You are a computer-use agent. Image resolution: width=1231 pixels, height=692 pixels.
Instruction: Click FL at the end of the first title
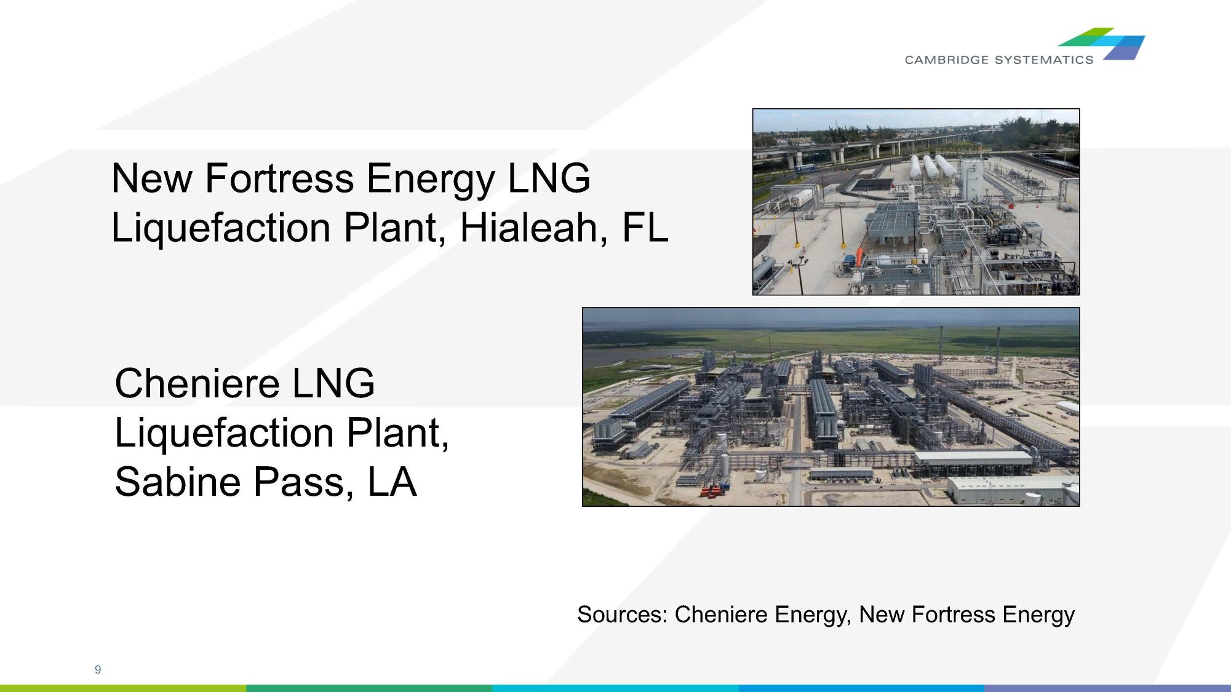(644, 228)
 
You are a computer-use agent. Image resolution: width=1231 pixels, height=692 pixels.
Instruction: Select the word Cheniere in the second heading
(197, 384)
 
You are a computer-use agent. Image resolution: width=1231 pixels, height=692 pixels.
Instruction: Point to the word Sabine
(178, 482)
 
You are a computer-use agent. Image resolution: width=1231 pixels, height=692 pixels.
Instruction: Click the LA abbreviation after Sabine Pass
(392, 482)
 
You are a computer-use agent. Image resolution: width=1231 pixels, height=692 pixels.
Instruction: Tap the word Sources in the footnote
(621, 614)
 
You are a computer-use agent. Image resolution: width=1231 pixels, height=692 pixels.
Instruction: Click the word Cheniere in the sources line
(720, 614)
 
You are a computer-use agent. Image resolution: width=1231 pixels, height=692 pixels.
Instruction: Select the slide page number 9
(98, 669)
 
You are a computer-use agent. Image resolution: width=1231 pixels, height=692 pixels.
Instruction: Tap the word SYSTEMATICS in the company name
(1044, 60)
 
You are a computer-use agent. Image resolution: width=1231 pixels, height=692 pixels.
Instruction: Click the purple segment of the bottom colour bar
(1107, 688)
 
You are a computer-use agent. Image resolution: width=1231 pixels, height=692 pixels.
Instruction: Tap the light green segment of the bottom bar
(123, 688)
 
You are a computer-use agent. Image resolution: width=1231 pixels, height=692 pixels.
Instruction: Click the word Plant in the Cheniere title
(393, 433)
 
